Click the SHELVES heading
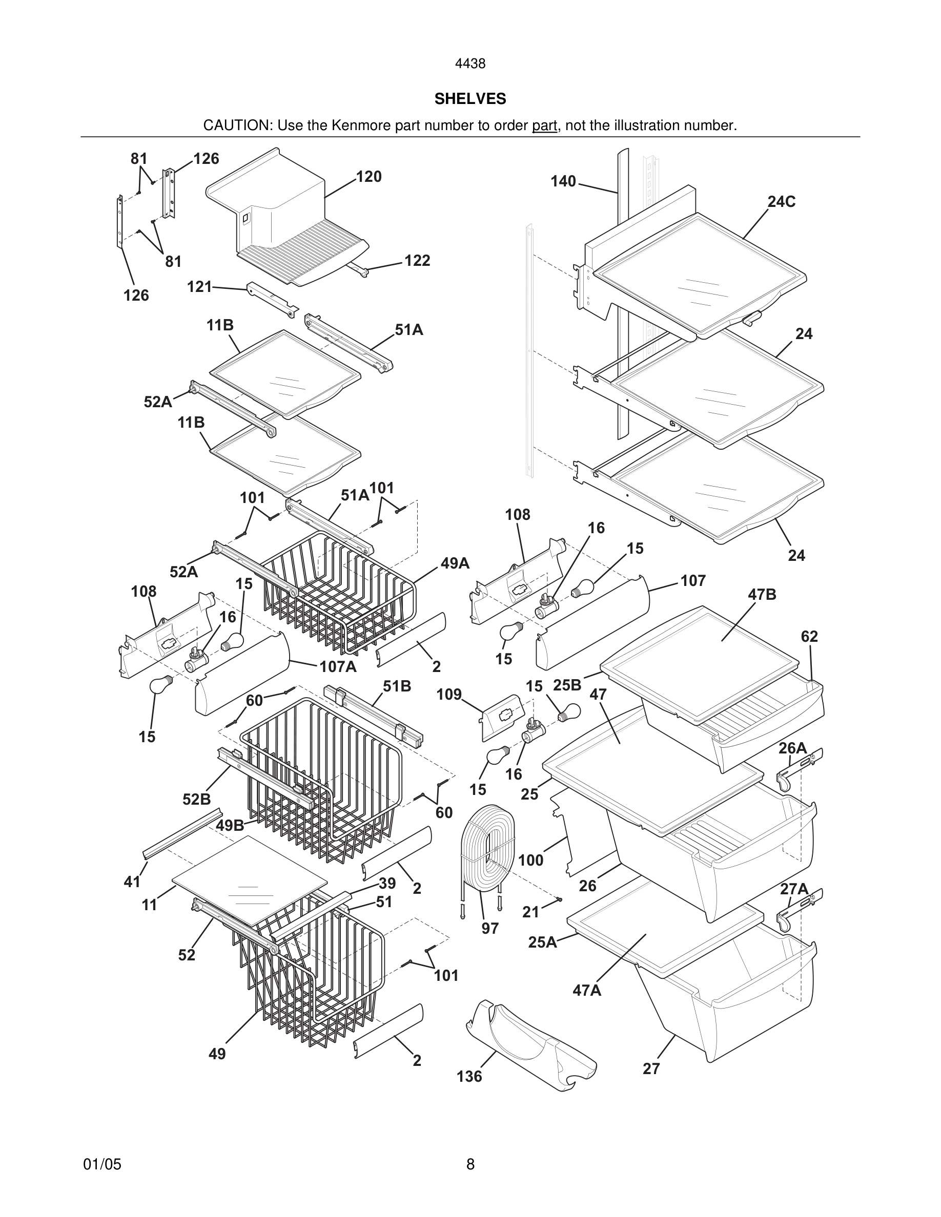470,99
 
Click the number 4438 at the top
470,64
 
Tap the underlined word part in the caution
544,125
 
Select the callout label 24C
781,202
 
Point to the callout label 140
563,181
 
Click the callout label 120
369,177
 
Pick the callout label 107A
338,666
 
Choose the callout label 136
469,1076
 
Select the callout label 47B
762,595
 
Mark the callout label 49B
230,825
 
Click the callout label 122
417,260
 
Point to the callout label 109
449,695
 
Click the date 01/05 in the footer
102,1164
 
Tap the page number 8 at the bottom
470,1164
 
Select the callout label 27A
794,889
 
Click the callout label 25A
542,942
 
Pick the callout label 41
132,882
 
